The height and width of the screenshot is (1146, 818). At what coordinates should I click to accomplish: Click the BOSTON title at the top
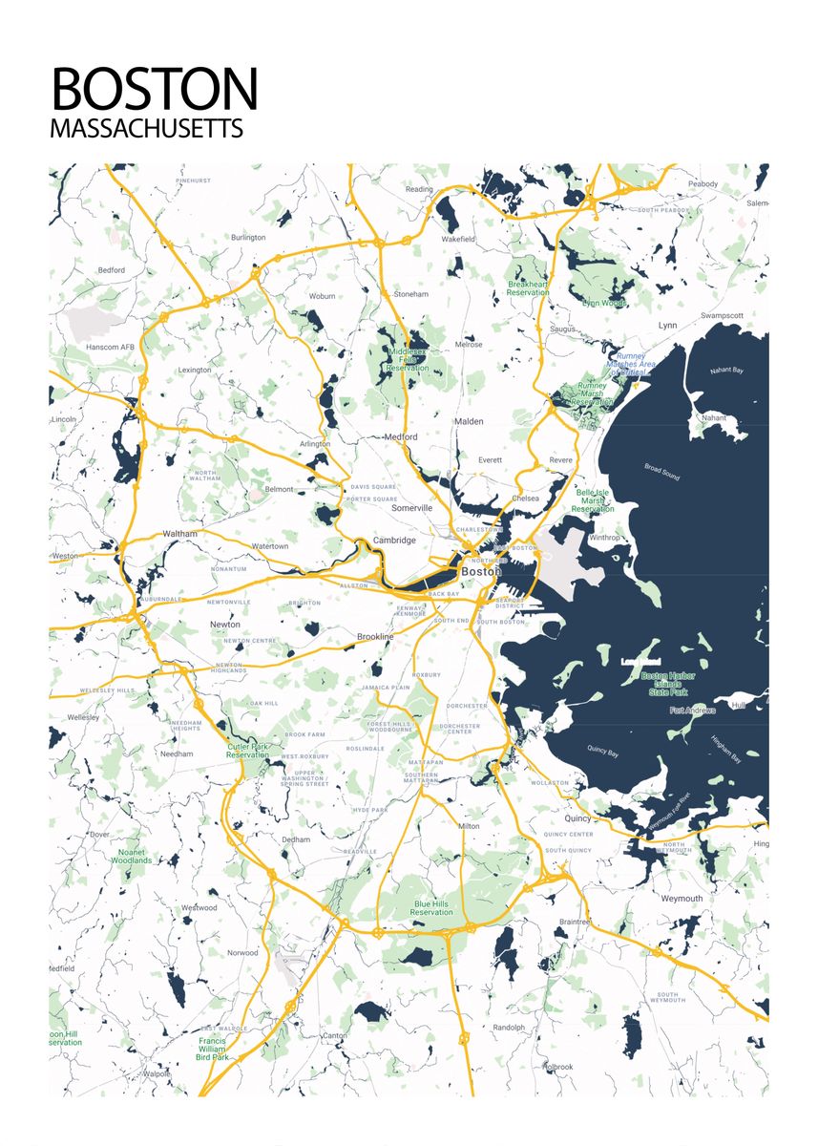[x=154, y=89]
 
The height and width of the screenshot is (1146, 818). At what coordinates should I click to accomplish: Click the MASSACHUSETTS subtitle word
[x=147, y=129]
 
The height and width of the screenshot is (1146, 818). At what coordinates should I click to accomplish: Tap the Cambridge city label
[x=394, y=541]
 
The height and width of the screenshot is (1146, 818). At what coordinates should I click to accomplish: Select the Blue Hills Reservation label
[x=431, y=908]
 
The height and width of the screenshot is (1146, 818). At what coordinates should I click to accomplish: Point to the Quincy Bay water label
[x=602, y=752]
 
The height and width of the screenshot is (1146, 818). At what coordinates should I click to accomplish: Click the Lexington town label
[x=195, y=370]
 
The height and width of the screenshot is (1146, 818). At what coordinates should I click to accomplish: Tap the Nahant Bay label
[x=725, y=371]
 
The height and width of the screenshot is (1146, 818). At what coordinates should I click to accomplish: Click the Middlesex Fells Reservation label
[x=408, y=360]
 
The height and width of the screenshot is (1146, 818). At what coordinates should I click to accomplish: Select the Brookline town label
[x=375, y=636]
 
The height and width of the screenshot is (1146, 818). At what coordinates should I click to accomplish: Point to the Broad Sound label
[x=661, y=472]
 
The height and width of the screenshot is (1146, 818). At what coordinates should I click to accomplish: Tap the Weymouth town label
[x=682, y=899]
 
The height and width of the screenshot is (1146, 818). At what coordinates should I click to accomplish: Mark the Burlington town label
[x=248, y=237]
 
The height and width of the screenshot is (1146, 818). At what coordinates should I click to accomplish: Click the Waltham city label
[x=179, y=534]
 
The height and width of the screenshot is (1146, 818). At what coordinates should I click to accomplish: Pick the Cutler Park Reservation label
[x=248, y=751]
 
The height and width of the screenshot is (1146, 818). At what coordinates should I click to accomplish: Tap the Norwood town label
[x=242, y=952]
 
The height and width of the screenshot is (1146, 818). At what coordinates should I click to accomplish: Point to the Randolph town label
[x=509, y=1028]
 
